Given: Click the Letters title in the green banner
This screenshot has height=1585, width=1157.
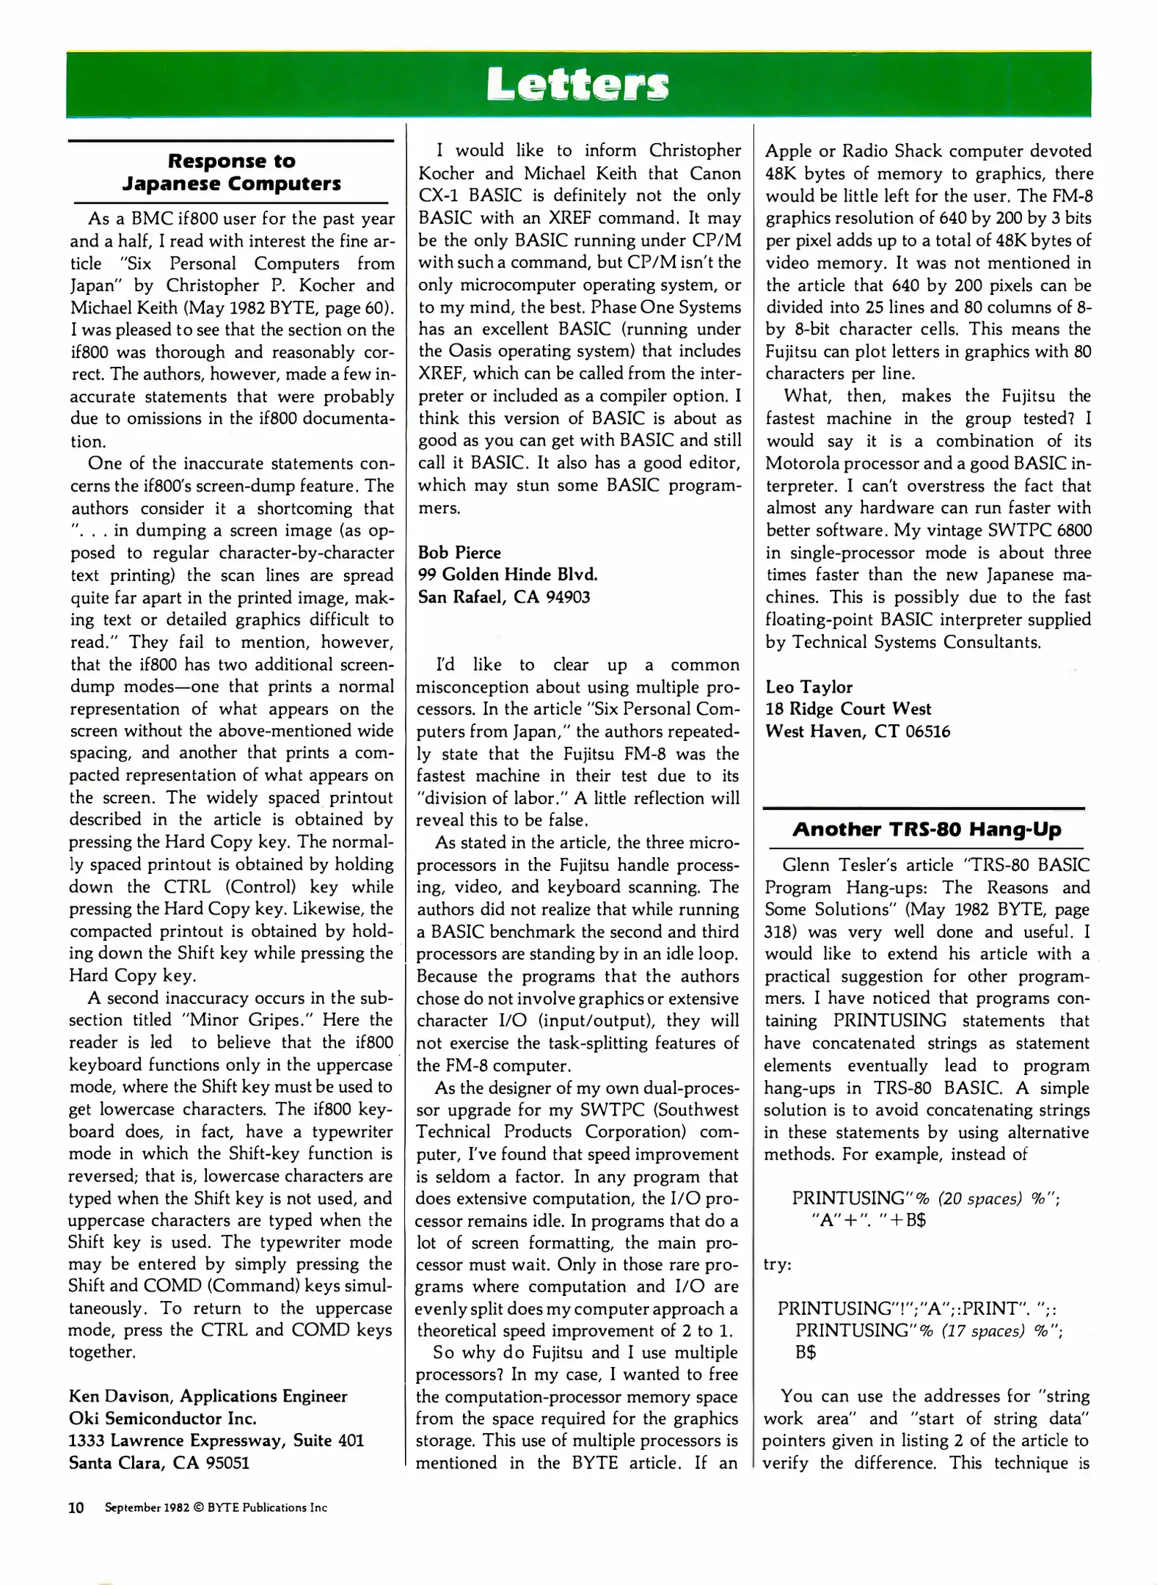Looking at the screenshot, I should [x=577, y=84].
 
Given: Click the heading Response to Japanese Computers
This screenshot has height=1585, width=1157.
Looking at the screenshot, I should [x=231, y=172].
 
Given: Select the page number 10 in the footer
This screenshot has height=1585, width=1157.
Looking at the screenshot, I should [x=76, y=1507].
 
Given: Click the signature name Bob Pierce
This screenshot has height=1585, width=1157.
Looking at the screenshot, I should [x=459, y=553].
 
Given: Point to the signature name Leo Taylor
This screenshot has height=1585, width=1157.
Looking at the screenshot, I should [x=809, y=687].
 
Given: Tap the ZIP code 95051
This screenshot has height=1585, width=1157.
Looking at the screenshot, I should [x=227, y=1462].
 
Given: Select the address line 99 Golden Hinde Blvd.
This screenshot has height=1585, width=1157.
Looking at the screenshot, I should [x=508, y=575].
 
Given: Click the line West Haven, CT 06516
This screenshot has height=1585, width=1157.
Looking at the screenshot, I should [x=857, y=732].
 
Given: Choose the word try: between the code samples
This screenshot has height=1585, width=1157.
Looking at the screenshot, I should [x=778, y=1264].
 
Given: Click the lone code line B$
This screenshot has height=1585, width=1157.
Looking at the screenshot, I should [x=806, y=1352].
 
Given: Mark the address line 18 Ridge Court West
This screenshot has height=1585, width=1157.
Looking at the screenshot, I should [x=847, y=709].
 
